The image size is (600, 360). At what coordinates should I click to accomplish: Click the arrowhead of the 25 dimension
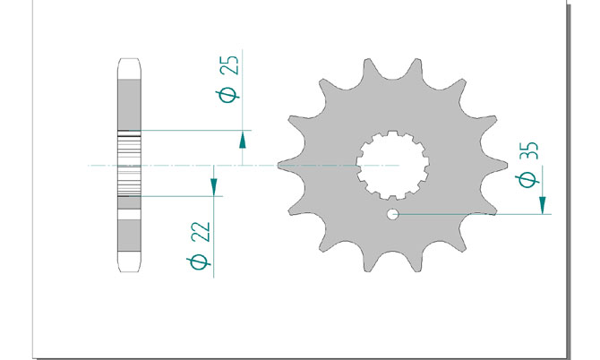(x=243, y=138)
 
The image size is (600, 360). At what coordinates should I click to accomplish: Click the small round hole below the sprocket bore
(x=392, y=214)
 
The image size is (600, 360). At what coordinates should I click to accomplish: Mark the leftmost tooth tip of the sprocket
(x=280, y=166)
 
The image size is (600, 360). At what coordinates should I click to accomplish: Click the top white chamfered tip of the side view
(x=129, y=69)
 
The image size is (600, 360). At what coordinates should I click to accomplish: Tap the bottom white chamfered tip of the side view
(x=129, y=263)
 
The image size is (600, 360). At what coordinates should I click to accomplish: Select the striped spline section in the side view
(x=129, y=165)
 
